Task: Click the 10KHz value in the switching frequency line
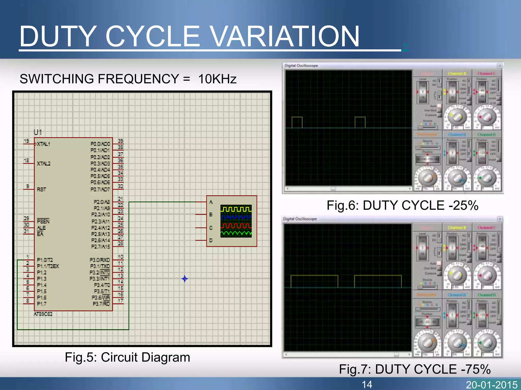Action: point(217,79)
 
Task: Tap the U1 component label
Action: point(38,132)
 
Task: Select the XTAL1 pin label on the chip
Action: point(44,144)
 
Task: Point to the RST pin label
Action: point(41,189)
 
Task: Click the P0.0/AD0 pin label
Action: point(100,144)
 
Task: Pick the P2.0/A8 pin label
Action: point(102,202)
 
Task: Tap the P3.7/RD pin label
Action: point(101,304)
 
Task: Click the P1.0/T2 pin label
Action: point(45,260)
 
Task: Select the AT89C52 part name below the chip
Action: point(43,314)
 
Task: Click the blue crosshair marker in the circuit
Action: point(185,279)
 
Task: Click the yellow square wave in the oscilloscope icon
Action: point(236,209)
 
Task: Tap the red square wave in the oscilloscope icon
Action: point(236,225)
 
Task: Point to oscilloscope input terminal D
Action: point(211,240)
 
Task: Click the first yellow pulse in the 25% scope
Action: point(297,122)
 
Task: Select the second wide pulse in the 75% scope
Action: point(378,281)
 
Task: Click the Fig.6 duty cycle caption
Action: point(402,205)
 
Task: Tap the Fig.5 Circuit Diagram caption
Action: point(127,357)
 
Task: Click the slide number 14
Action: point(367,384)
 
